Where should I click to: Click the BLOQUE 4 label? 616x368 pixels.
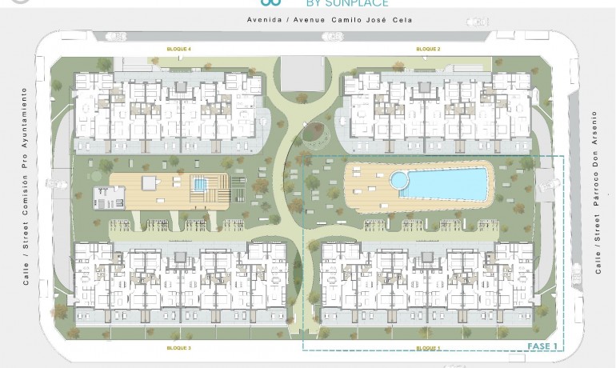tap(178, 50)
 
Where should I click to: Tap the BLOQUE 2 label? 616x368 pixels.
tap(428, 50)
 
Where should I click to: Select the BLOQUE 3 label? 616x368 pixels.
tap(178, 349)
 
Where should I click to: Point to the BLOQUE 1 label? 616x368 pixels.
tap(428, 349)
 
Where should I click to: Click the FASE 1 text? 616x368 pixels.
tap(542, 346)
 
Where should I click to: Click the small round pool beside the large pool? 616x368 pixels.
tap(398, 180)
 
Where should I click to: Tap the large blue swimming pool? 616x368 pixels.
tap(444, 184)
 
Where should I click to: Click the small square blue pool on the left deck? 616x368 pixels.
tap(199, 185)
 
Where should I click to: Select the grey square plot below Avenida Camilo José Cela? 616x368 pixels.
tap(302, 73)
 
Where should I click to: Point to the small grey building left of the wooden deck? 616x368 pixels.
tap(109, 196)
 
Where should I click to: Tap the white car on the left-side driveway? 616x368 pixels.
tap(57, 184)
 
